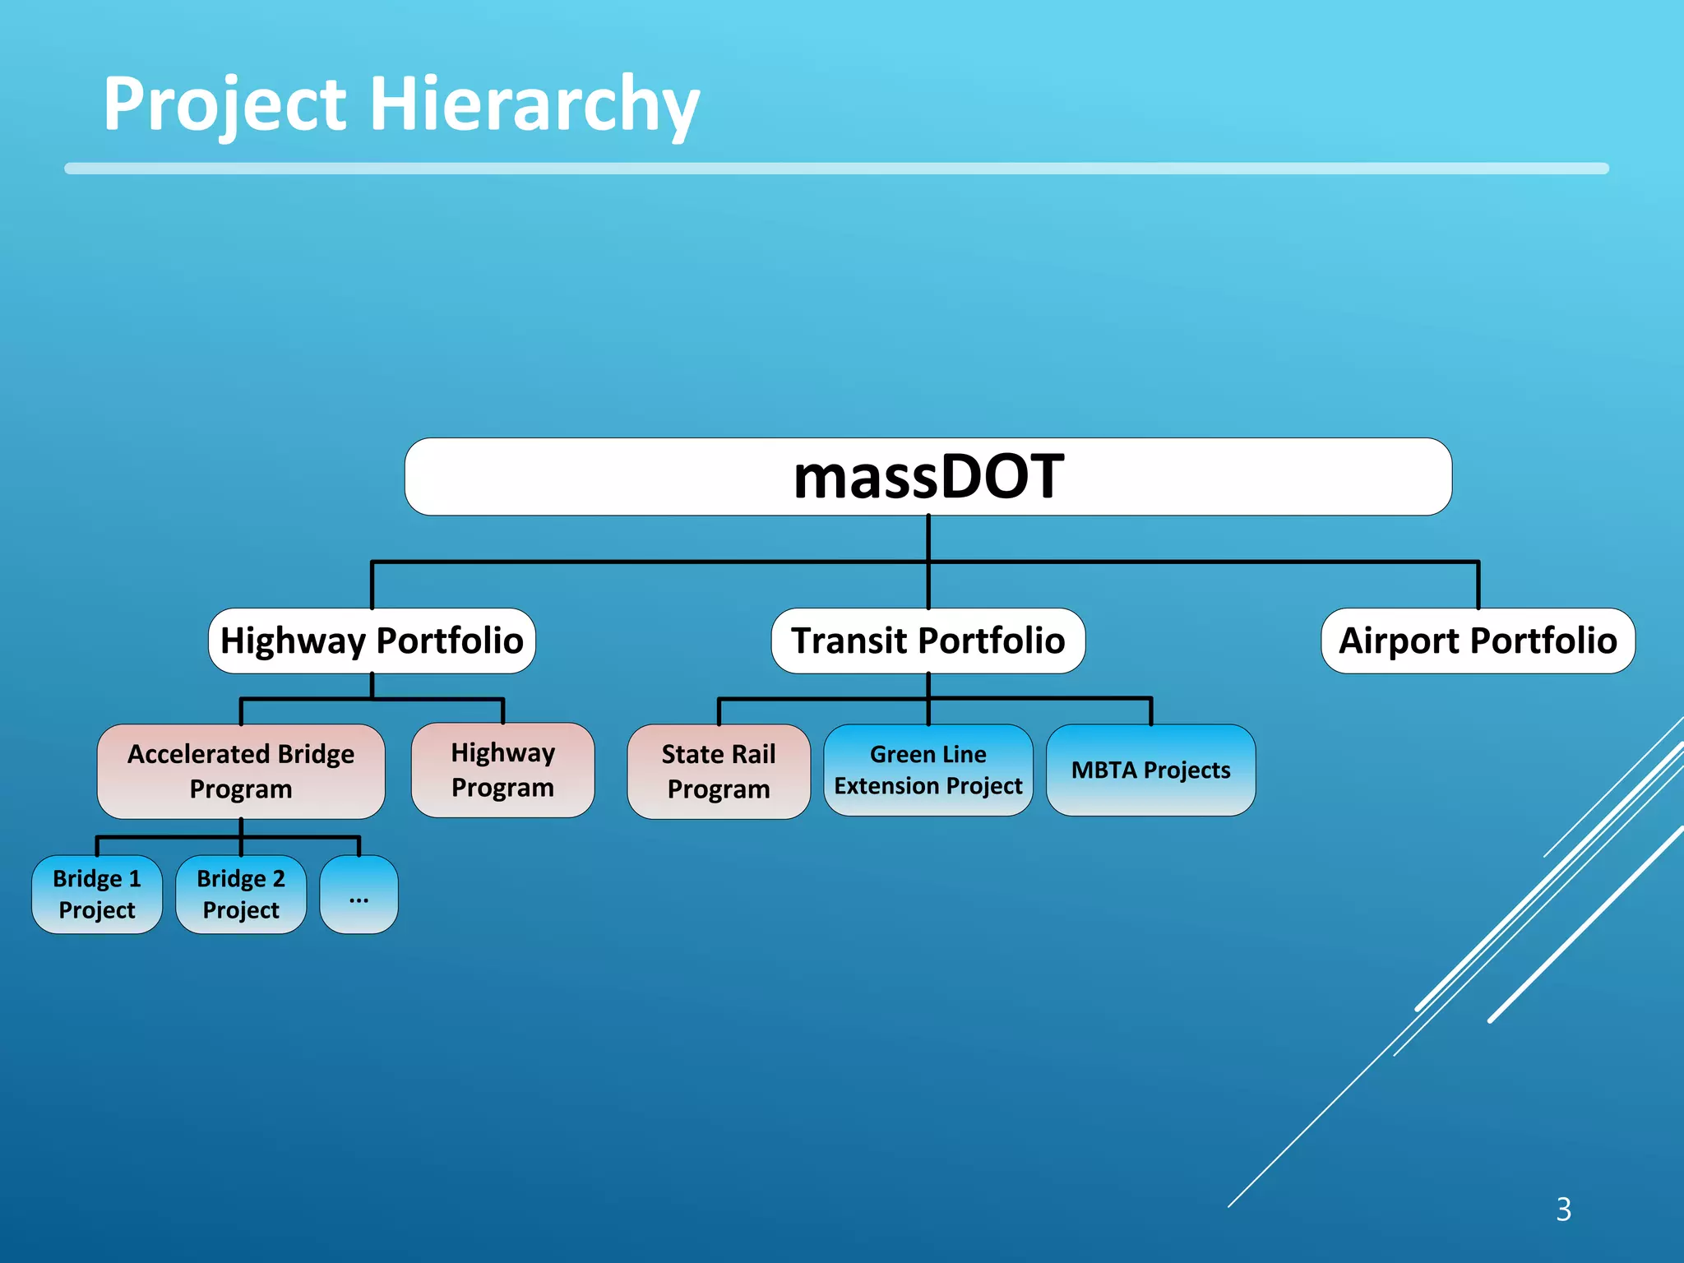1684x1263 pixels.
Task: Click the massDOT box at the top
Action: tap(928, 477)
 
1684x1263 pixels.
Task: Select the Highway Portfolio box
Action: tap(372, 641)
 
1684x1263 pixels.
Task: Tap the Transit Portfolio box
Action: tap(928, 641)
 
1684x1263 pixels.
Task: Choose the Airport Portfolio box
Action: tap(1478, 641)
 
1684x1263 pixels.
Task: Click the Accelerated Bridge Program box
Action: tap(240, 771)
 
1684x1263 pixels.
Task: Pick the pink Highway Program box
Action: tap(502, 770)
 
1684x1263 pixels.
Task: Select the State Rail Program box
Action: tap(718, 771)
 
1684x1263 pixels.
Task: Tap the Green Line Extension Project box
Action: tap(928, 770)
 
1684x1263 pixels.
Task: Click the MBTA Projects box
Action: tap(1150, 770)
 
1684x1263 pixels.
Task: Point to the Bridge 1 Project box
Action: tap(97, 894)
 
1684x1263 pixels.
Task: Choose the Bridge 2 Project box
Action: tap(240, 894)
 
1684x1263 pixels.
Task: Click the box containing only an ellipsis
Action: tap(359, 894)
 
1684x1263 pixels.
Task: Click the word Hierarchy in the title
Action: tap(534, 104)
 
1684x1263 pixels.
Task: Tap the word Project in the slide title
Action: tap(224, 104)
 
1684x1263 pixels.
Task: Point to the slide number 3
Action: tap(1563, 1209)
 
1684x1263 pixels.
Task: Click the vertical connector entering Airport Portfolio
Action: tap(1478, 585)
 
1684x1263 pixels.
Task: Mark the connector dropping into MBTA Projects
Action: tap(1150, 711)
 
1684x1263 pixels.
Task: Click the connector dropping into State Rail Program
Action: tap(719, 712)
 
